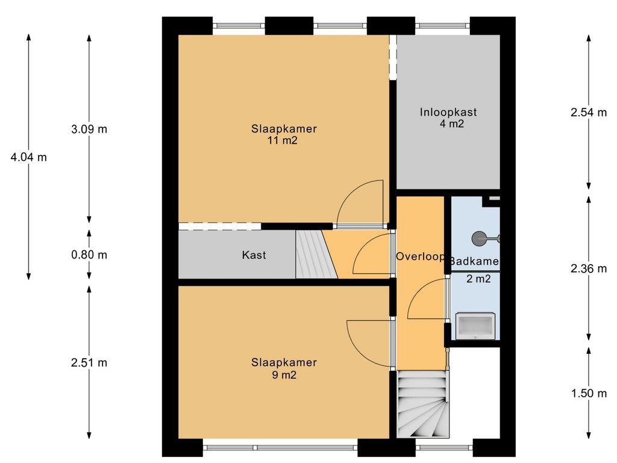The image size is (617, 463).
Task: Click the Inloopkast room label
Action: (x=448, y=112)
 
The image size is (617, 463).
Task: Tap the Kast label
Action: (x=254, y=255)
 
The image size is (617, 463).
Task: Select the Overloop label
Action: (x=420, y=257)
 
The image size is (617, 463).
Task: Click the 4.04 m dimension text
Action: (x=29, y=157)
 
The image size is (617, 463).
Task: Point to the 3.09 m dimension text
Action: (x=89, y=129)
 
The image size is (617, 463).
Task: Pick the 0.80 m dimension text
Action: (x=89, y=255)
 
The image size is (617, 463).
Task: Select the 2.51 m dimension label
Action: (x=89, y=362)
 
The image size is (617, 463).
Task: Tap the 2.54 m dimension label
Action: (x=589, y=112)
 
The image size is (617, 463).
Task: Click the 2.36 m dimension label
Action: (x=589, y=268)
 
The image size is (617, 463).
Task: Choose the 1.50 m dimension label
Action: (x=589, y=393)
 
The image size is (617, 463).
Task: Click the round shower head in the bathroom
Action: (x=479, y=239)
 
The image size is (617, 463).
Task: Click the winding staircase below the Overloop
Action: (x=422, y=404)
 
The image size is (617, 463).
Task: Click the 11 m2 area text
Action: (x=283, y=140)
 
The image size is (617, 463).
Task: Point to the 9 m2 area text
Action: (x=284, y=375)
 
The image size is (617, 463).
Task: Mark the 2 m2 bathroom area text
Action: (x=478, y=279)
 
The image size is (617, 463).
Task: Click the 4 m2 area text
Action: (x=452, y=124)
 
